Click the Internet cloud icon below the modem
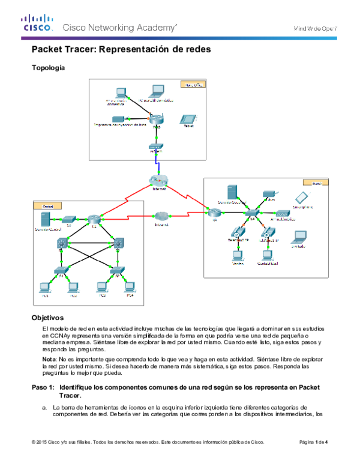(x=158, y=180)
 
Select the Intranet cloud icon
(x=160, y=216)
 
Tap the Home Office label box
(x=193, y=85)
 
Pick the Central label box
(x=48, y=206)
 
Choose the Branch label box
(x=316, y=182)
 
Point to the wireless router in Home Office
(x=157, y=120)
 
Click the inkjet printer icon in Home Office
(x=118, y=119)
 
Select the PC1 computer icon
(x=44, y=286)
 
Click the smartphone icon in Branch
(x=301, y=198)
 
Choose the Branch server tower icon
(x=232, y=191)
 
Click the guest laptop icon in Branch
(x=298, y=237)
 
